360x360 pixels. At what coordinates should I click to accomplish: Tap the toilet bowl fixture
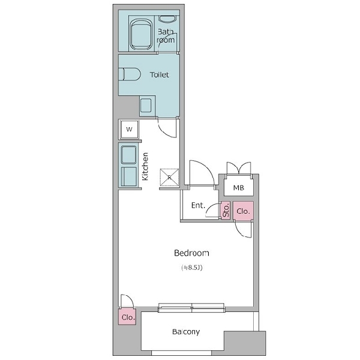pos(129,74)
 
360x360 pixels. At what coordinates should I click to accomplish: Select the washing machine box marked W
pos(129,129)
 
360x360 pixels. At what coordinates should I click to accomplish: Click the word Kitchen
pos(145,166)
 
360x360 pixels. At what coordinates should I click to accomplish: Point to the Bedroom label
pos(191,253)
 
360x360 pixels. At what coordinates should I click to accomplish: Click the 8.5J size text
pos(192,268)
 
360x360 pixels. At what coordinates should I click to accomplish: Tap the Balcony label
pos(186,332)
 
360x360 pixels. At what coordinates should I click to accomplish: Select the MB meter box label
pos(239,188)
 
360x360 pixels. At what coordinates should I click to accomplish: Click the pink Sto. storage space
pos(226,210)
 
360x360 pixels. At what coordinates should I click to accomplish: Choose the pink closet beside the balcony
pos(127,317)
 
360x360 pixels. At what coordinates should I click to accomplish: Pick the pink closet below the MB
pos(243,211)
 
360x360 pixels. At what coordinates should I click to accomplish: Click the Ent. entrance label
pos(198,205)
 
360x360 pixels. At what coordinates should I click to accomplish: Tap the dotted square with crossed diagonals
pos(169,177)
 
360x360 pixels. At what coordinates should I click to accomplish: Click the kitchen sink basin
pos(128,155)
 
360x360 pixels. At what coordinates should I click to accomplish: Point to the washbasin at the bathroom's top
pos(167,19)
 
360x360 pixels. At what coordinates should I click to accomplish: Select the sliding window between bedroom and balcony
pos(191,308)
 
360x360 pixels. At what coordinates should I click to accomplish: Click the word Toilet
pos(160,74)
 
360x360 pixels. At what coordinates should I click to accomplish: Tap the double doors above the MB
pos(239,168)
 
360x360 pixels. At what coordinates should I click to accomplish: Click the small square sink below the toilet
pos(146,106)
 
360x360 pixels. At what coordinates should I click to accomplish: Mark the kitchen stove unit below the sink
pos(128,176)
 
